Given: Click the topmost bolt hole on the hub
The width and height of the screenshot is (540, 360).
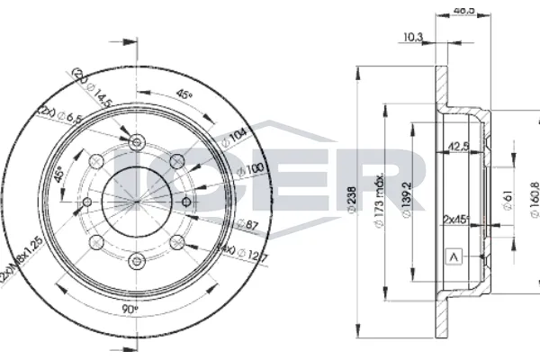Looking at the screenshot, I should [x=137, y=142].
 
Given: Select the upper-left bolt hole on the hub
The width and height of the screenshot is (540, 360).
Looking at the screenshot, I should [x=95, y=160].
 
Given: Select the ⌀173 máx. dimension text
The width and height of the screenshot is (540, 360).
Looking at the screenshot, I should [x=381, y=192].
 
